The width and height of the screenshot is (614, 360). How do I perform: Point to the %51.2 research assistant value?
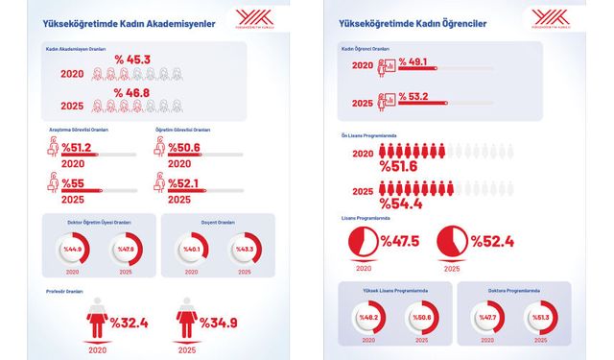coord(77,148)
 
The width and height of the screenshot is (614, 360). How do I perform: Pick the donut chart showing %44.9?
coord(75,250)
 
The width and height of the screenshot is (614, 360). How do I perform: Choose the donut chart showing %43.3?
coord(244,250)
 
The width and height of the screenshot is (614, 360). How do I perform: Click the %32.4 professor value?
coord(133,322)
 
